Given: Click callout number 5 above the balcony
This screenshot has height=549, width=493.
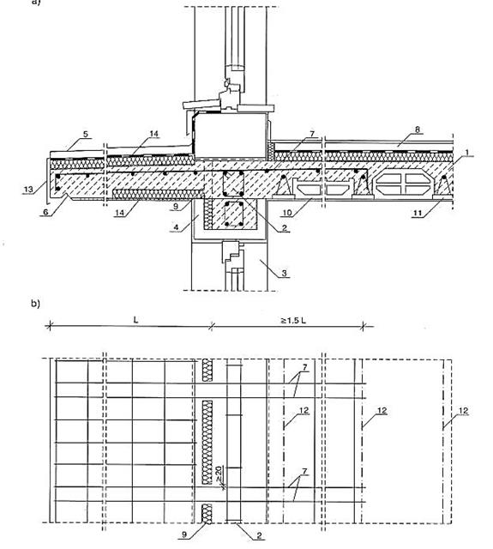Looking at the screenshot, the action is coord(86,134).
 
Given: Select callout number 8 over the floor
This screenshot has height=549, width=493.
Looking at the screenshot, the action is coord(418,130).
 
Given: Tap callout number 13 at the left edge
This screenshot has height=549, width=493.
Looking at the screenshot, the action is coord(28,190).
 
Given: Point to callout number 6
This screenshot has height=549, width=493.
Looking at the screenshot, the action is coord(45,212).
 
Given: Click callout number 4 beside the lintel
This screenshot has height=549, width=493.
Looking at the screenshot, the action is coord(176,227).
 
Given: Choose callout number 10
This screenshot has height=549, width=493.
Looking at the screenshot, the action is coord(287,213).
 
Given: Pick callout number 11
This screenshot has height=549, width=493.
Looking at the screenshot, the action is coord(418,213).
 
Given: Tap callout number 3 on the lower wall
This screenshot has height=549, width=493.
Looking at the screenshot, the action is coord(285,273).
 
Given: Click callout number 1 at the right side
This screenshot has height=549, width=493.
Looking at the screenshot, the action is coord(466,153).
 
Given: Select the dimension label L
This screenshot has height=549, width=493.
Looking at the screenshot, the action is coord(135,320).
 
